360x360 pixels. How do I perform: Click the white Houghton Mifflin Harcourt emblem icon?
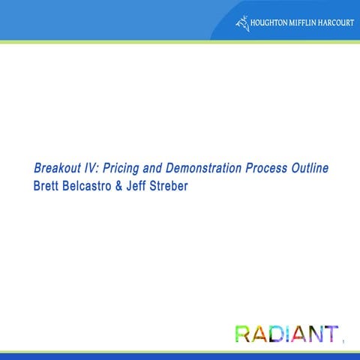(x=241, y=22)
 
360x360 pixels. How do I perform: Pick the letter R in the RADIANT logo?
(x=242, y=334)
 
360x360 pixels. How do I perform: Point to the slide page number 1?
(x=342, y=343)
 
